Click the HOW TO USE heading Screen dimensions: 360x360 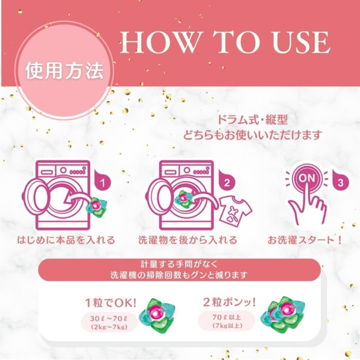pyautogui.click(x=225, y=43)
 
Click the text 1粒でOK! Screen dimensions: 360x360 pyautogui.click(x=110, y=301)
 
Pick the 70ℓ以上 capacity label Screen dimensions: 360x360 pyautogui.click(x=227, y=321)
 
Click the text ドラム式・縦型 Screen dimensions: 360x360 pyautogui.click(x=252, y=121)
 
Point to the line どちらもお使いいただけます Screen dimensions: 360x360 pyautogui.click(x=252, y=134)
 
